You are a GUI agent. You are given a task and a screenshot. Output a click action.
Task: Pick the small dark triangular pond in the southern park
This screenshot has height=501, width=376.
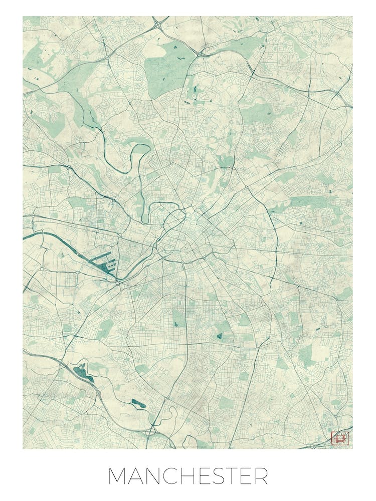219,335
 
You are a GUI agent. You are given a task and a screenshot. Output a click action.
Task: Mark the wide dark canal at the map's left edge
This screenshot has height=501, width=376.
35,234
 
